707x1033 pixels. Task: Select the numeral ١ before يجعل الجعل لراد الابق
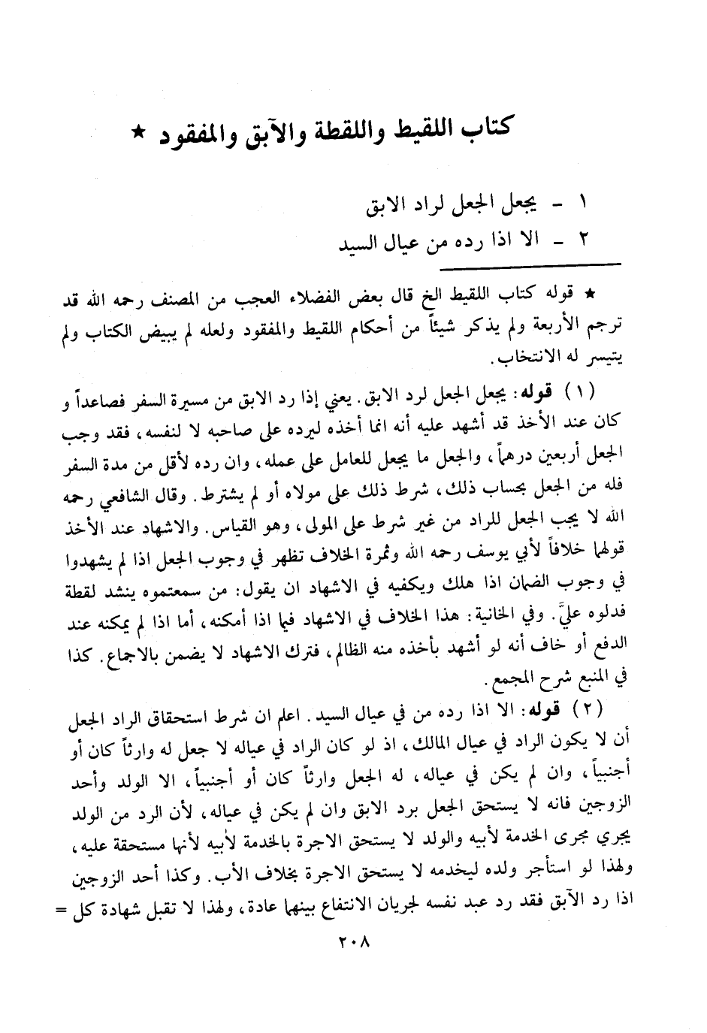pyautogui.click(x=584, y=203)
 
